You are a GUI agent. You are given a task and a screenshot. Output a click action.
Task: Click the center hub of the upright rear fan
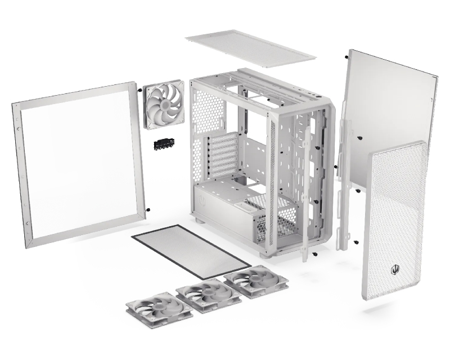(x=163, y=105)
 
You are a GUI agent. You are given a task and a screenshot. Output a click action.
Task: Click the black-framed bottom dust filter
(x=191, y=251)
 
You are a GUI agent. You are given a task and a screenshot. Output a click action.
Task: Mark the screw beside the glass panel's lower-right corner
(x=148, y=210)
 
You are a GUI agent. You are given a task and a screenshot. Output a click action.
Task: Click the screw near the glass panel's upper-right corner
(x=138, y=89)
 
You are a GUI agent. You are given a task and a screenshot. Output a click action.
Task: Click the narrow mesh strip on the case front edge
(x=273, y=180)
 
